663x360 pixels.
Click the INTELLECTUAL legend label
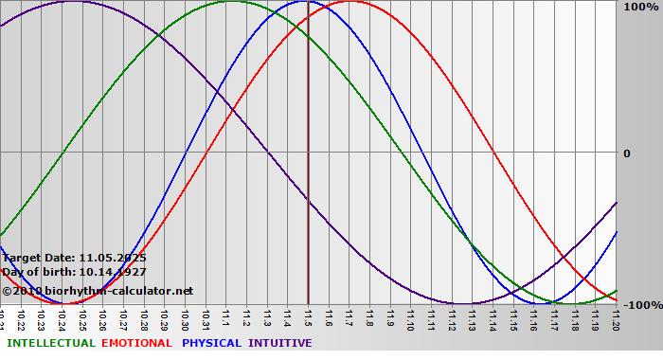50,343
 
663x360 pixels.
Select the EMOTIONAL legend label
136,343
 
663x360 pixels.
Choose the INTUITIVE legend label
279,343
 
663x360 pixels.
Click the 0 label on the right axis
626,153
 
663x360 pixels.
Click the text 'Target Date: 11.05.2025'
75,257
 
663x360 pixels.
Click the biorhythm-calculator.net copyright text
98,291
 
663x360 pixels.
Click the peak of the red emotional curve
349,2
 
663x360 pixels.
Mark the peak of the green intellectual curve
232,2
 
